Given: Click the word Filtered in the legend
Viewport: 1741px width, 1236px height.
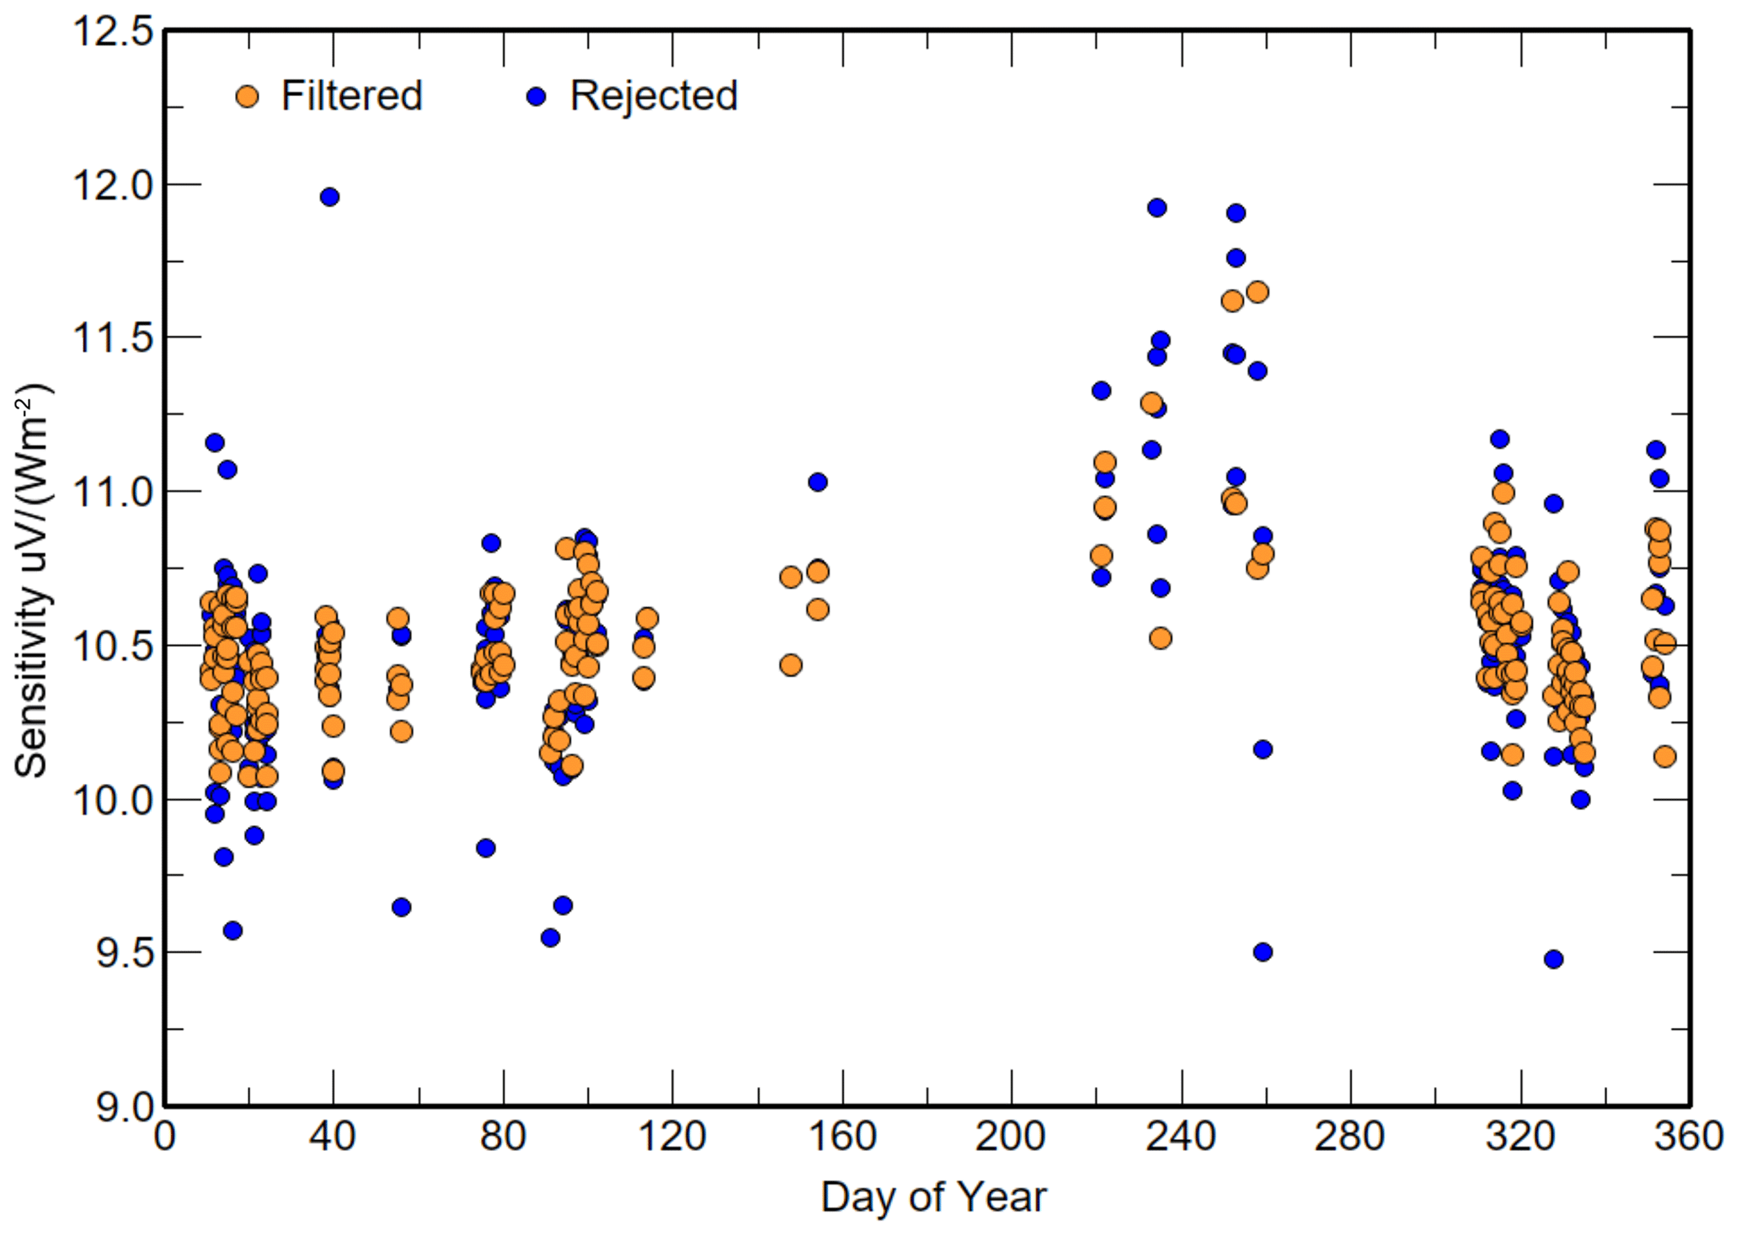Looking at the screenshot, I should point(351,96).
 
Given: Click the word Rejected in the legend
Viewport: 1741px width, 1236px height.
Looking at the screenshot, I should point(654,96).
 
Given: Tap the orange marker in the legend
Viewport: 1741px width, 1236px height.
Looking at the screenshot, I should point(247,97).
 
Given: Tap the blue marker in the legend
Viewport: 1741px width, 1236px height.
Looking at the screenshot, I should point(536,97).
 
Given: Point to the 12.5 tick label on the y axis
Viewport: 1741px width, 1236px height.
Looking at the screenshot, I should point(114,33).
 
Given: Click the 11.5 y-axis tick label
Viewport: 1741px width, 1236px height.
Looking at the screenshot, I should point(114,338).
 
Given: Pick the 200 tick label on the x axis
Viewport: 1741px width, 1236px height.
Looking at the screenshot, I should point(1010,1137).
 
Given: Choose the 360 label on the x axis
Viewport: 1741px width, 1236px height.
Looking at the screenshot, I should point(1688,1137).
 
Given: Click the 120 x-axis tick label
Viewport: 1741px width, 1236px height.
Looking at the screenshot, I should point(671,1137).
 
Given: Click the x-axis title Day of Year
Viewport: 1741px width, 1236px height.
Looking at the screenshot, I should point(933,1196).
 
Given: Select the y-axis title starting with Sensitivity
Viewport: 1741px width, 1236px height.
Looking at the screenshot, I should point(32,581).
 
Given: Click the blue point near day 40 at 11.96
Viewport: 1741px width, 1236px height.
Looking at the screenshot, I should point(329,197).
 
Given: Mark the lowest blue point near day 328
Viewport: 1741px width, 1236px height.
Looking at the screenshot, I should point(1554,959).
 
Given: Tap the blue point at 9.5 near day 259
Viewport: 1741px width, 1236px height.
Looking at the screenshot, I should point(1263,952).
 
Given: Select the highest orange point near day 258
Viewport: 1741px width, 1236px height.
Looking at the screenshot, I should point(1258,292).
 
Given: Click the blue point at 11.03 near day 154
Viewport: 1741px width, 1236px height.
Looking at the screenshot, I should point(818,482).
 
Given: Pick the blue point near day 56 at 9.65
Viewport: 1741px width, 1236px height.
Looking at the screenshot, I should point(401,908).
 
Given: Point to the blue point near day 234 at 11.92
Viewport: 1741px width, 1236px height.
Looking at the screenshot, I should point(1157,208).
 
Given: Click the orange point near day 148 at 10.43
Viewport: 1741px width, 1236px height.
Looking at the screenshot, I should point(791,665).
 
